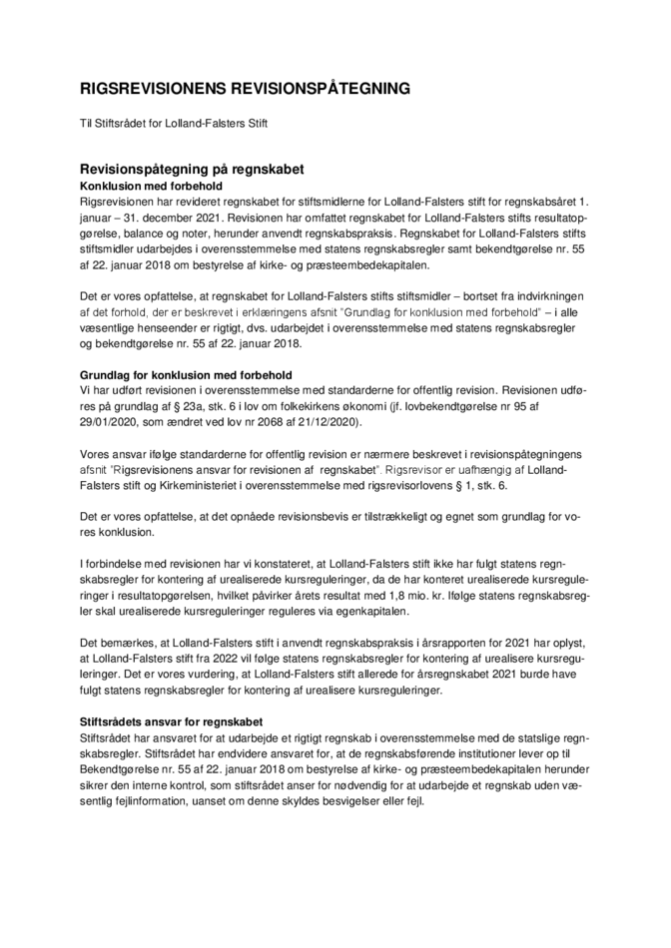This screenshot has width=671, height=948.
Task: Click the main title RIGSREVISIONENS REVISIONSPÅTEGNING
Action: (245, 89)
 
